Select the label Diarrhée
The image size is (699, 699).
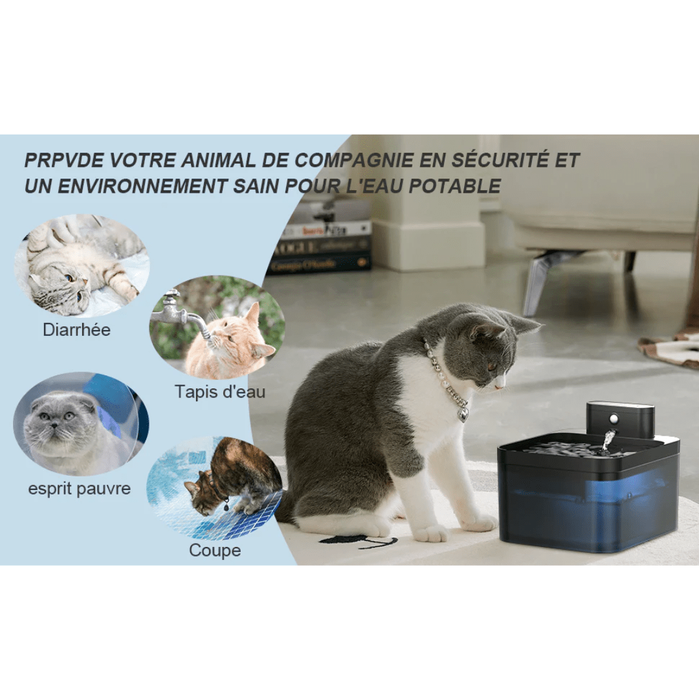[76, 329]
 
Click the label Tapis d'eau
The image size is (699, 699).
[219, 392]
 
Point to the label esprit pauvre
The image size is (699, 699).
[79, 488]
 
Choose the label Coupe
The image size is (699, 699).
[215, 550]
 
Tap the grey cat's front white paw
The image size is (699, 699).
[430, 533]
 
